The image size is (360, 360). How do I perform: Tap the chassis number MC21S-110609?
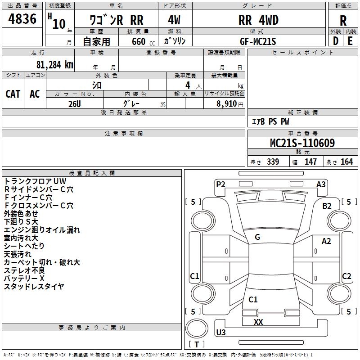click(x=302, y=143)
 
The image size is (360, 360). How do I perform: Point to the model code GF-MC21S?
click(x=258, y=40)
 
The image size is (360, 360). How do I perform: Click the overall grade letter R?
click(x=343, y=21)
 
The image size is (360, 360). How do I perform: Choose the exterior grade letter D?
click(x=335, y=40)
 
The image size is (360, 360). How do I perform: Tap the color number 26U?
click(x=74, y=103)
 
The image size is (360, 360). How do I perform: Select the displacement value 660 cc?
click(x=139, y=41)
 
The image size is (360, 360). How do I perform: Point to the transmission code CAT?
click(x=13, y=94)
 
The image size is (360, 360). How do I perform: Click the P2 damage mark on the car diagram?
click(x=220, y=184)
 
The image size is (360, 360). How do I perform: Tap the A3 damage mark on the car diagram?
click(x=321, y=184)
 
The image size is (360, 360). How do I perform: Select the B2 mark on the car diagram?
click(x=327, y=206)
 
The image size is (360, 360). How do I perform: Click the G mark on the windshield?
click(x=257, y=237)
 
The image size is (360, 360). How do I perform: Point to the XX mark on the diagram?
click(x=258, y=322)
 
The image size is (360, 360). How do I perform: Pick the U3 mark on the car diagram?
click(x=221, y=333)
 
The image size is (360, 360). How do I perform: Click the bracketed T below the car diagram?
click(x=197, y=344)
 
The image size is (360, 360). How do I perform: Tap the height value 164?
click(x=346, y=162)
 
